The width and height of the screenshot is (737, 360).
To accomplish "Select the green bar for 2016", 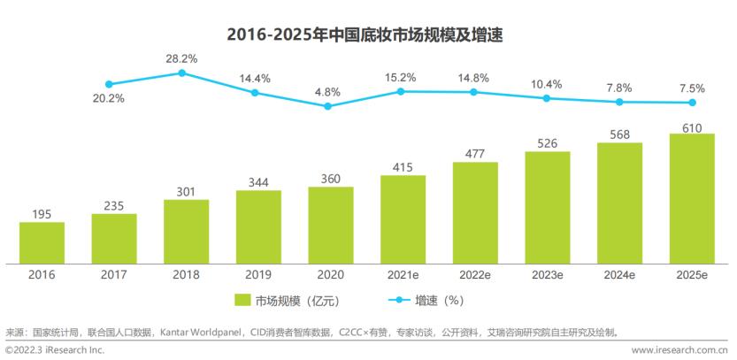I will point(42,242).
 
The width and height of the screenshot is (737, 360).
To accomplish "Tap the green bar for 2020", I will point(331,225).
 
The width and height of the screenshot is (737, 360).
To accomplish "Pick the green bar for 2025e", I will point(693,198).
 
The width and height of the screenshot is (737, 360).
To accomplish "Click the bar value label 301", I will point(186,188).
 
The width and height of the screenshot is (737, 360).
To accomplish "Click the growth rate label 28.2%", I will point(181,57).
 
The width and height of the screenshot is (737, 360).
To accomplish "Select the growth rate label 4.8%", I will point(327,90).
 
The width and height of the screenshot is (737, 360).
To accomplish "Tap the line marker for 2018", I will point(182,73).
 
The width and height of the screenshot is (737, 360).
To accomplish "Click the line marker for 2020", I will point(327,106).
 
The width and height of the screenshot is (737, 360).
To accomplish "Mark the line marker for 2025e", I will point(692,103).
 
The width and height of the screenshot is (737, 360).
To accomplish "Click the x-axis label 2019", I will point(258,275).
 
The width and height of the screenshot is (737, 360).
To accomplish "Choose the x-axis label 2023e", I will point(548,275).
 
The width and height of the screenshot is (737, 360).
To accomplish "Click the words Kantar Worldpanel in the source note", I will point(200,333).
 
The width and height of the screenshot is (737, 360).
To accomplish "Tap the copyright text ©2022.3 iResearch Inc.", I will point(54,351).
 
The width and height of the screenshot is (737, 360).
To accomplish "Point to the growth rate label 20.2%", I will point(109,98).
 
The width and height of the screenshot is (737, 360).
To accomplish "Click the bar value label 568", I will point(619,133).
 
